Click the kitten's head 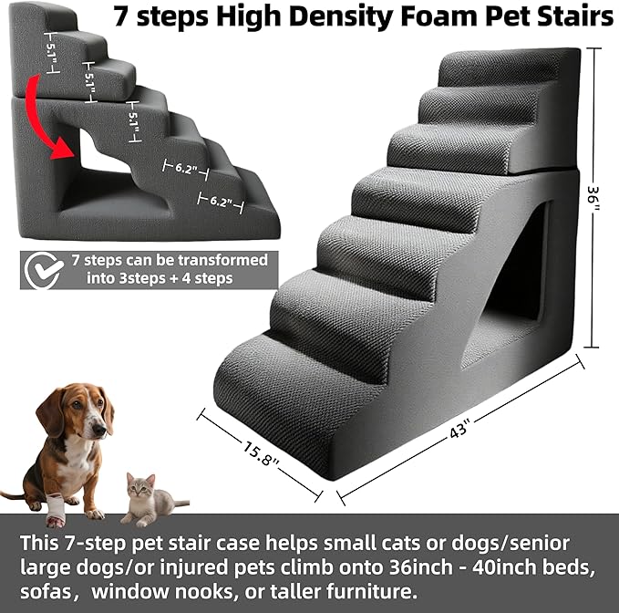click(x=139, y=489)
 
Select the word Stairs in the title click(x=569, y=18)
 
